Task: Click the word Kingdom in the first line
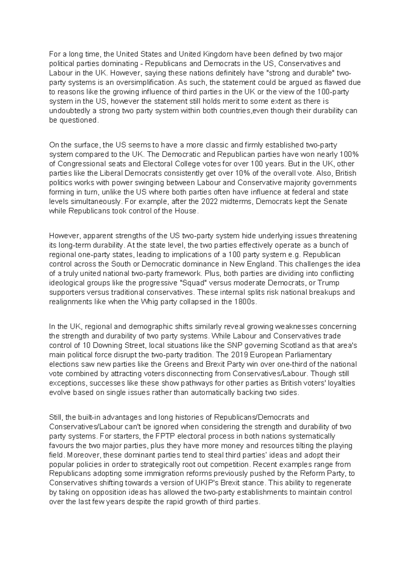(x=219, y=54)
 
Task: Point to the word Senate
(x=336, y=201)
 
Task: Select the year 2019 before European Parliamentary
(x=237, y=355)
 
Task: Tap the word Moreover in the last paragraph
(x=84, y=455)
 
